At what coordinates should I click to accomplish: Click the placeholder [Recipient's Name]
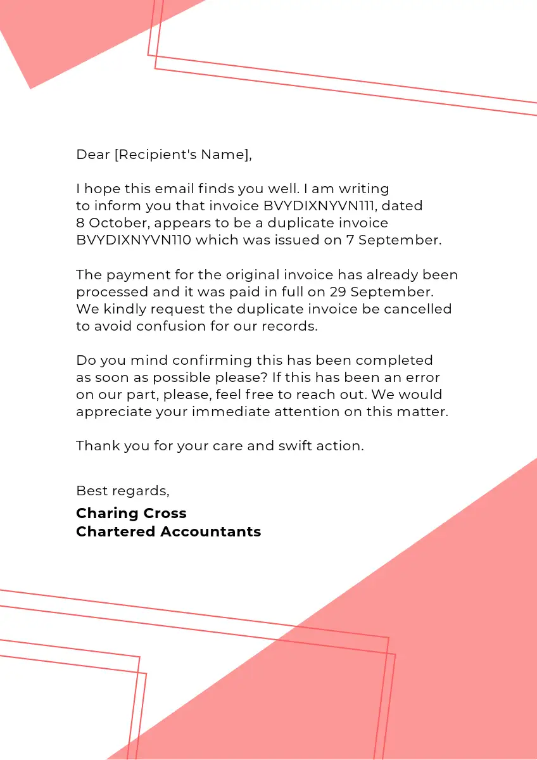pyautogui.click(x=182, y=155)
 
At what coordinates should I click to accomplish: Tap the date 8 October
pyautogui.click(x=111, y=223)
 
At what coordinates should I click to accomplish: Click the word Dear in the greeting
pyautogui.click(x=93, y=155)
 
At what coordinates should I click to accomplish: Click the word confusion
pyautogui.click(x=179, y=326)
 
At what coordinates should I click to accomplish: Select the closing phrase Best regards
pyautogui.click(x=122, y=491)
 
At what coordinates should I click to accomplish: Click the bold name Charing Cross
pyautogui.click(x=131, y=513)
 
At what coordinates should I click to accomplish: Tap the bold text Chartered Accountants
pyautogui.click(x=168, y=531)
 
